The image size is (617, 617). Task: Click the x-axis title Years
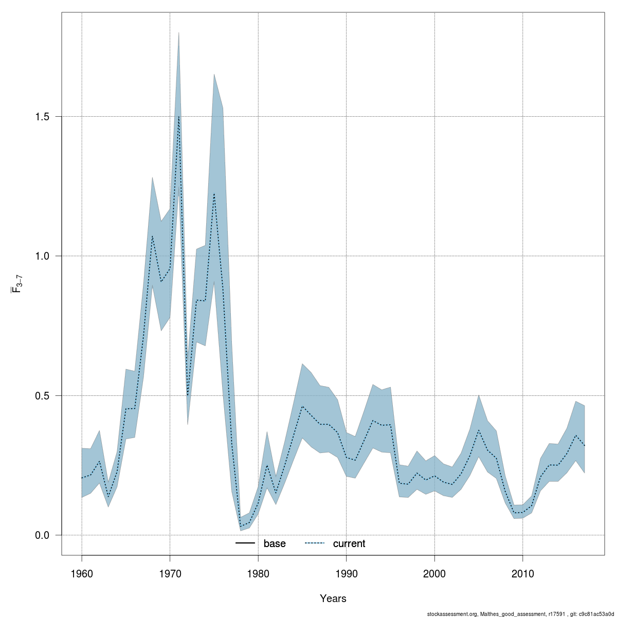tap(333, 598)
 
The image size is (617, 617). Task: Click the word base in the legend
tap(275, 543)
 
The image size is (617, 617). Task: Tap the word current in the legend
tap(349, 543)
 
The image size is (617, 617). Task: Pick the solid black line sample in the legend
tap(245, 543)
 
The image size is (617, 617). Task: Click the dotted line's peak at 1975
tap(214, 194)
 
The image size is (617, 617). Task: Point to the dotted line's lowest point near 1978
tap(241, 527)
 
